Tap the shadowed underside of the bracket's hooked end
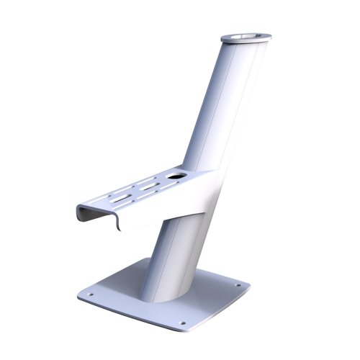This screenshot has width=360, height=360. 108,223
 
